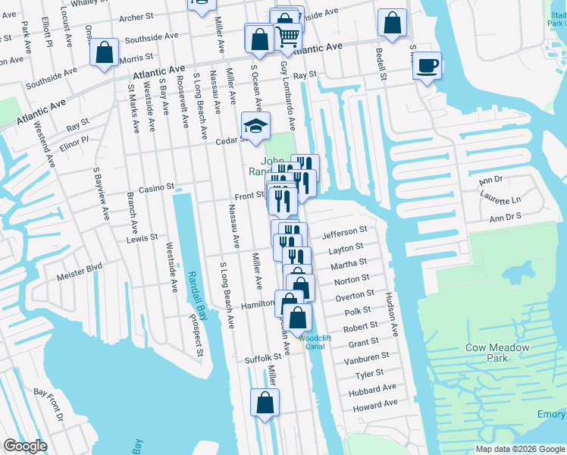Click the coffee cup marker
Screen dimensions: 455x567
428,66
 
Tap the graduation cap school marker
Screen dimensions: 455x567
256,127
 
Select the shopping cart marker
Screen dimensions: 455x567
288,36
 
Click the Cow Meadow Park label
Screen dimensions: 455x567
508,353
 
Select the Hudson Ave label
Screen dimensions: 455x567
392,315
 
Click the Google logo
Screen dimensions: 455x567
25,446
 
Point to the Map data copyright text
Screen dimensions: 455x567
519,449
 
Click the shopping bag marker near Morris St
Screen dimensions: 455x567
105,54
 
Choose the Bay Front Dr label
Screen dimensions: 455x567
49,403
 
